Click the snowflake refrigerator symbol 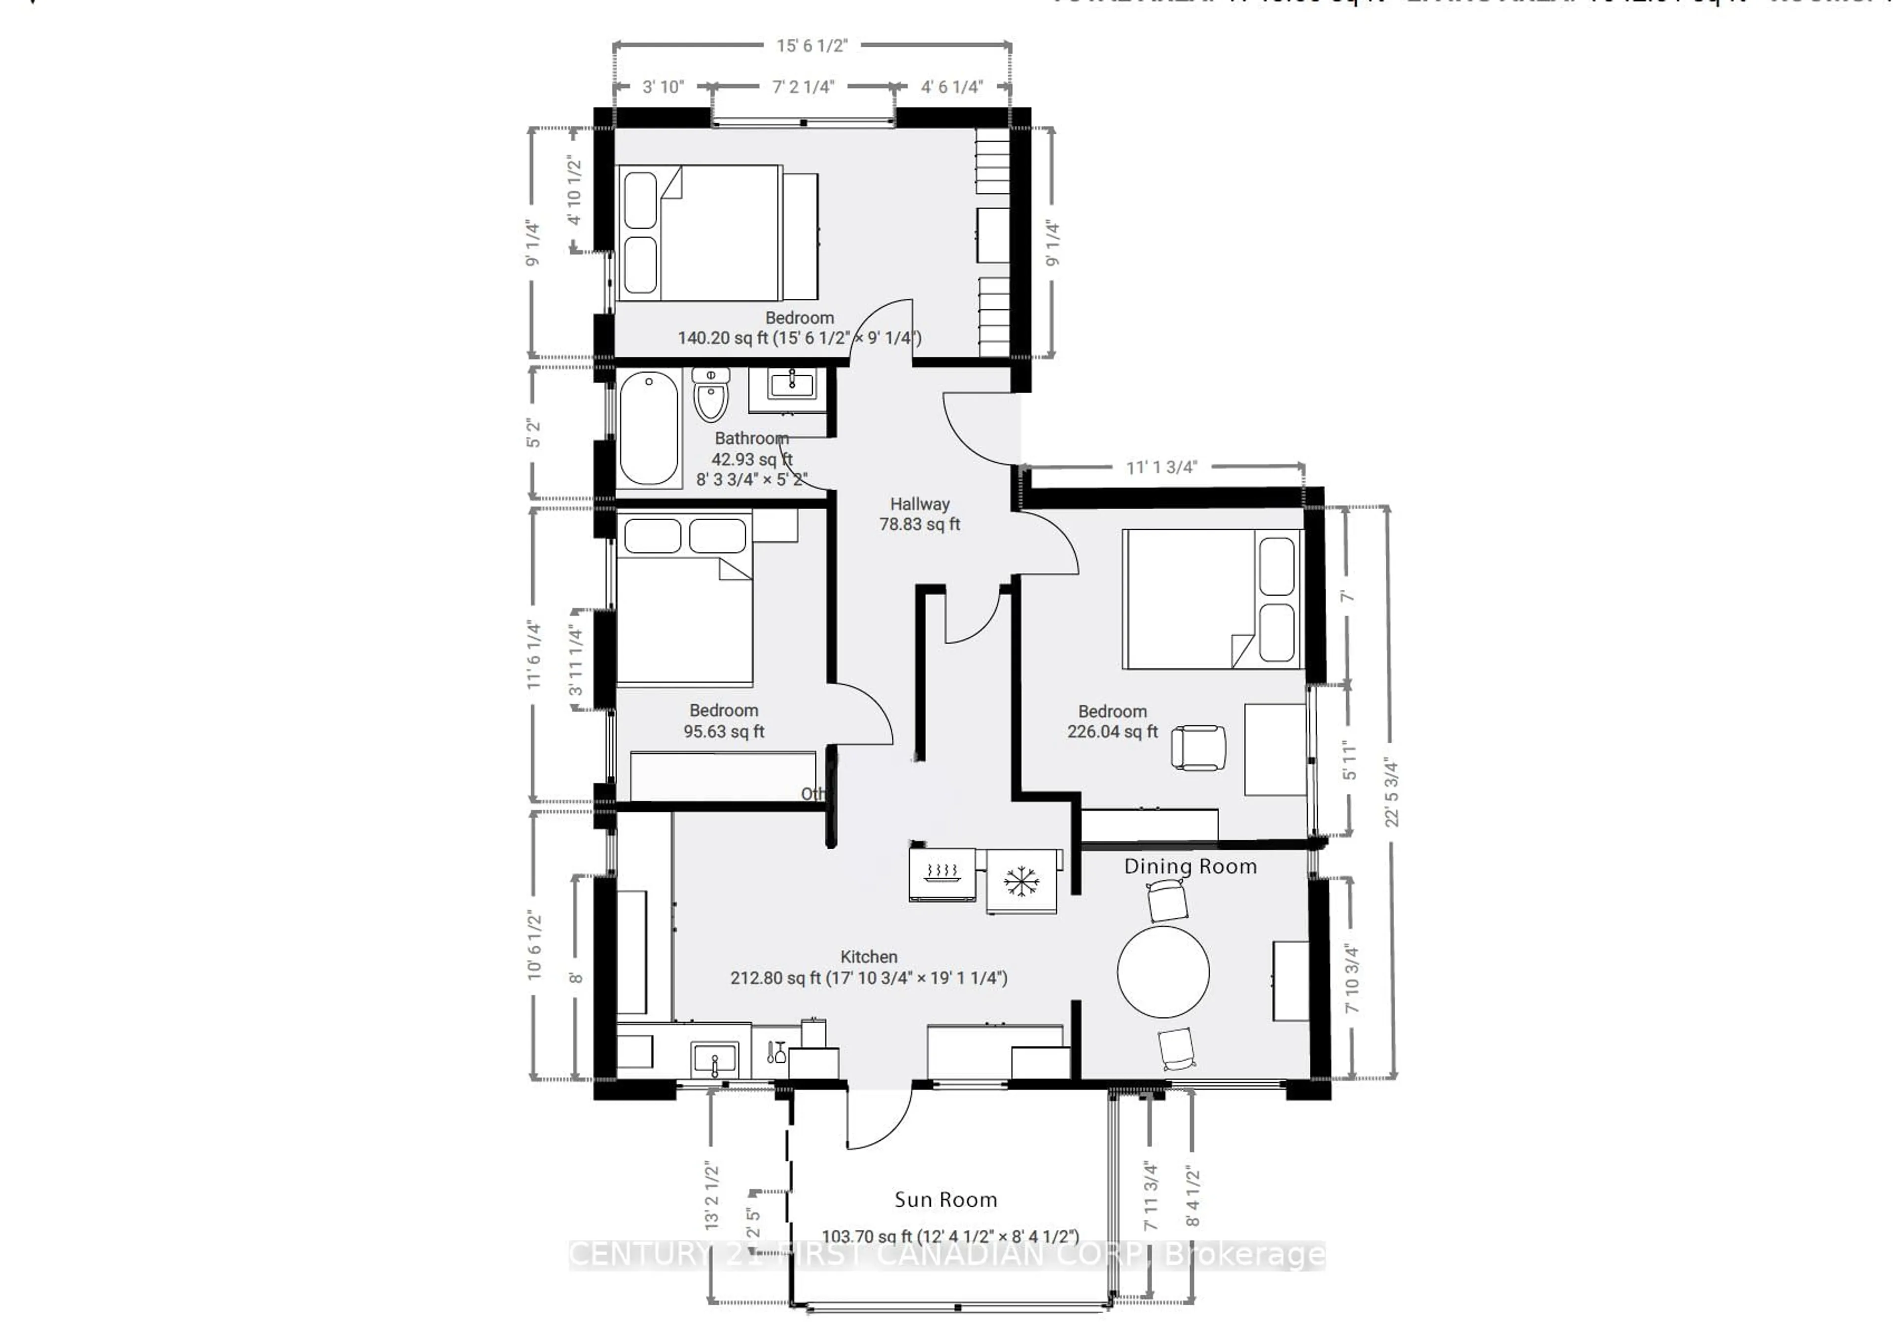pos(1021,881)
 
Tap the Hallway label pos(919,504)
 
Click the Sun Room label pos(946,1199)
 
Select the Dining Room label pos(1190,866)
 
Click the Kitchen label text pos(868,957)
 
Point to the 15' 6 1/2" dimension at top pos(811,45)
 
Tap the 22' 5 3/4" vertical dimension pos(1392,792)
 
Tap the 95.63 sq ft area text pos(723,731)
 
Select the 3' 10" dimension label pos(663,87)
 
